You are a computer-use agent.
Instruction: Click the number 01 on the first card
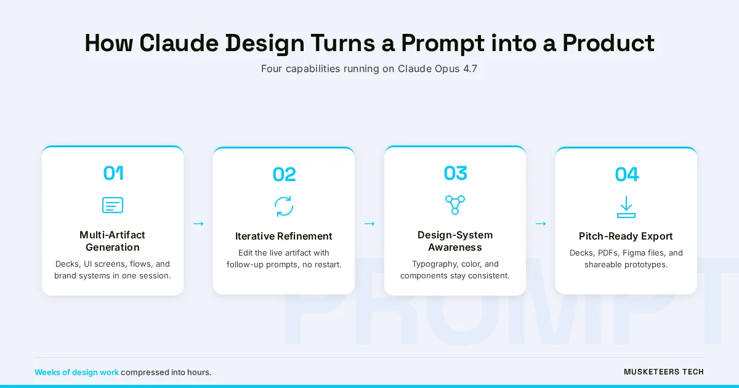(113, 173)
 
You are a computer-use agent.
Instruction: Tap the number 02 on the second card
(284, 174)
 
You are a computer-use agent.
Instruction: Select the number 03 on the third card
(455, 173)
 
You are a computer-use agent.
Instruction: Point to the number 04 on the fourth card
(626, 174)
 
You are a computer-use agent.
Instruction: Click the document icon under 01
(113, 205)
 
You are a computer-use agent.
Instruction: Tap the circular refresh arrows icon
(284, 206)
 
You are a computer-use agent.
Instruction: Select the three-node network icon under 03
(455, 204)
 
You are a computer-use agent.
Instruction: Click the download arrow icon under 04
(626, 207)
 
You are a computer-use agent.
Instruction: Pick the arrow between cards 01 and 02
(198, 224)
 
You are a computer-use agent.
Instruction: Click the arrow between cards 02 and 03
(369, 224)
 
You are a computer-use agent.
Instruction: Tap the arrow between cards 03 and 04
(541, 224)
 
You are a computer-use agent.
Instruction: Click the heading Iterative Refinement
(284, 236)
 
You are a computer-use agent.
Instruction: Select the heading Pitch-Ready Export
(626, 236)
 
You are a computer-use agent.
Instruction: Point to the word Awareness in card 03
(455, 247)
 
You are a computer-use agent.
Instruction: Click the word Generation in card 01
(113, 247)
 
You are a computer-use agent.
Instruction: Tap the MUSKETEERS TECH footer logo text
(664, 372)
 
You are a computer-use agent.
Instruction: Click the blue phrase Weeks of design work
(76, 372)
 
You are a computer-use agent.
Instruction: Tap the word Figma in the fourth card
(633, 253)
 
